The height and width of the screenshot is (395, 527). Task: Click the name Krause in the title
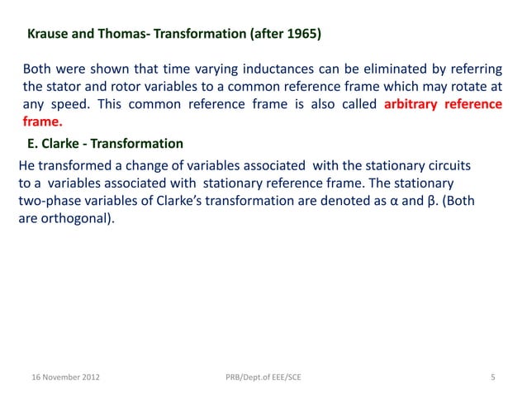47,36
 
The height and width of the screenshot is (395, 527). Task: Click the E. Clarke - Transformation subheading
106,144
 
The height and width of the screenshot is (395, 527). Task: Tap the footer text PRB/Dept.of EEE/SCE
263,378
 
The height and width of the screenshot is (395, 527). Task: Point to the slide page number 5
492,378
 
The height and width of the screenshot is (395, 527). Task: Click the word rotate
474,86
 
